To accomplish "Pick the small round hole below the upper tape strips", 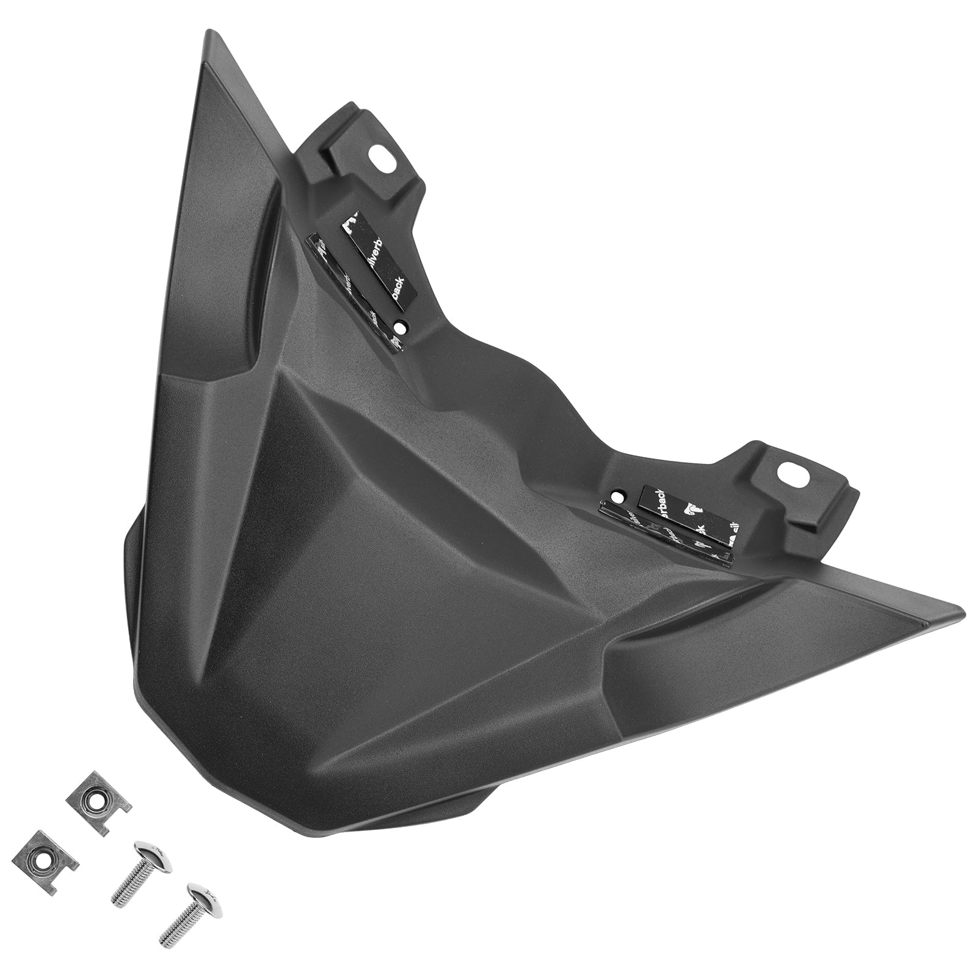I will (x=401, y=328).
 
